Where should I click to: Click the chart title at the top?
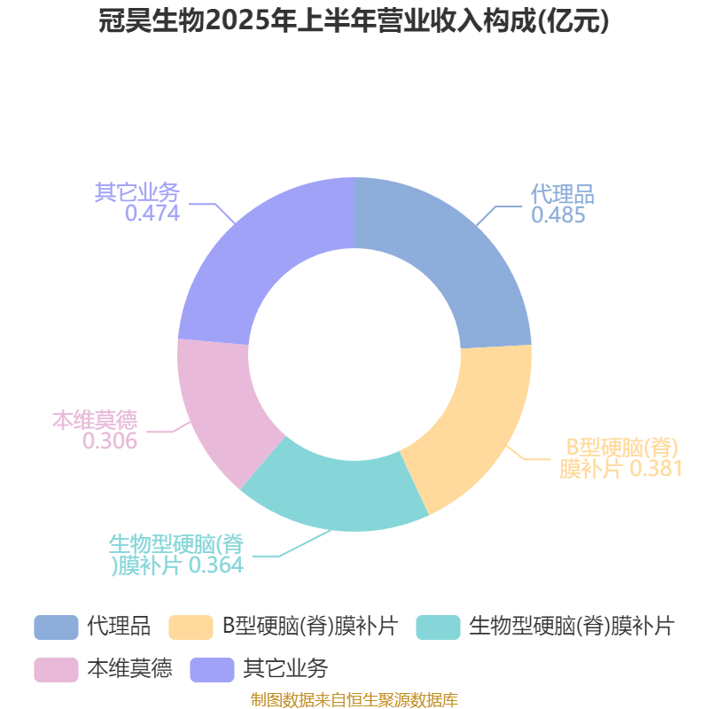click(354, 21)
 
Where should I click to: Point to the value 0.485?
click(558, 215)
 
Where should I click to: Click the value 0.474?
click(152, 214)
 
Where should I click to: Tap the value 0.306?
click(110, 441)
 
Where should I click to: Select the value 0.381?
click(656, 469)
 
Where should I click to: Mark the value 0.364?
click(216, 565)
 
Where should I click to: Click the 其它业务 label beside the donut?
click(137, 192)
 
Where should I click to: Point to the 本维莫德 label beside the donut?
click(95, 420)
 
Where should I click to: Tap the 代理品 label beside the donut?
click(563, 194)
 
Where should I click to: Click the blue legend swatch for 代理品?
click(56, 627)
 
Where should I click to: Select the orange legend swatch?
click(191, 627)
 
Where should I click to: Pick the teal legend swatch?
click(438, 627)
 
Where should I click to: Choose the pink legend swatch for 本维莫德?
click(56, 670)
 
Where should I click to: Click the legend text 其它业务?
click(285, 669)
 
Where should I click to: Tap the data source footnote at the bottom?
click(354, 699)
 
